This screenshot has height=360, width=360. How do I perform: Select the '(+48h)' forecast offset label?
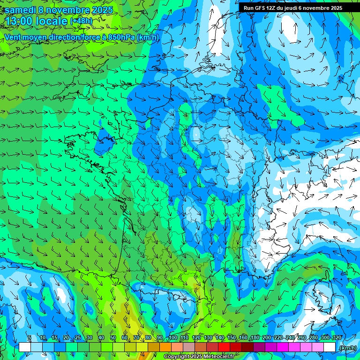click(x=81, y=21)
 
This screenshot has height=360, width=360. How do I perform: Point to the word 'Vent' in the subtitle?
click(x=13, y=37)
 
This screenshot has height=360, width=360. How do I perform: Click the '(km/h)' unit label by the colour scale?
click(x=347, y=348)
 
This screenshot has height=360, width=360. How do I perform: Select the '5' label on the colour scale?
click(x=30, y=337)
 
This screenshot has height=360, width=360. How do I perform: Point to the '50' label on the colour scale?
click(x=113, y=337)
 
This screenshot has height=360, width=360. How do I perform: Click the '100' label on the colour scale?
click(x=173, y=337)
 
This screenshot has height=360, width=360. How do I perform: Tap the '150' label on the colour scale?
click(x=232, y=337)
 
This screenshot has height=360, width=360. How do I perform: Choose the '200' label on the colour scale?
click(x=267, y=337)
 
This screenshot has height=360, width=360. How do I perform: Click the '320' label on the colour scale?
click(x=337, y=337)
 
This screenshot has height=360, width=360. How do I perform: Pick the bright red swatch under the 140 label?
click(x=224, y=347)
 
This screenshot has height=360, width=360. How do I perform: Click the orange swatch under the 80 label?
click(x=154, y=347)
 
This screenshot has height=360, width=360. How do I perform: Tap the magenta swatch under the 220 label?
click(x=283, y=347)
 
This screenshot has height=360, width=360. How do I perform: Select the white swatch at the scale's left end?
click(x=25, y=347)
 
